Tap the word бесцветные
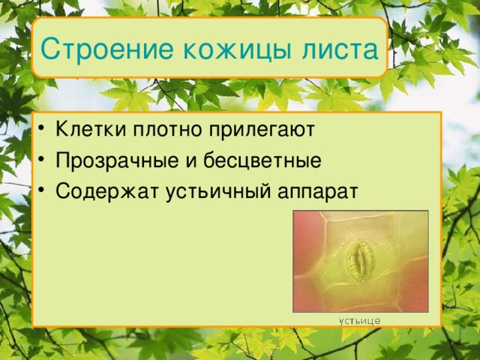(x=259, y=160)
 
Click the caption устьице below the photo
(x=359, y=320)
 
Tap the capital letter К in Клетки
(x=61, y=130)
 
